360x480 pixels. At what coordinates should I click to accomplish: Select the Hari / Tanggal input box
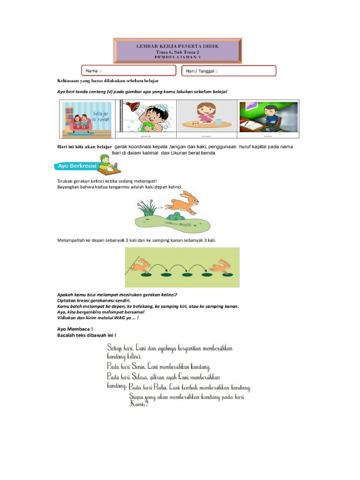(x=229, y=71)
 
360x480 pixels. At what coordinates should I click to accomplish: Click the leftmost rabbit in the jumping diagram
(x=140, y=267)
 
